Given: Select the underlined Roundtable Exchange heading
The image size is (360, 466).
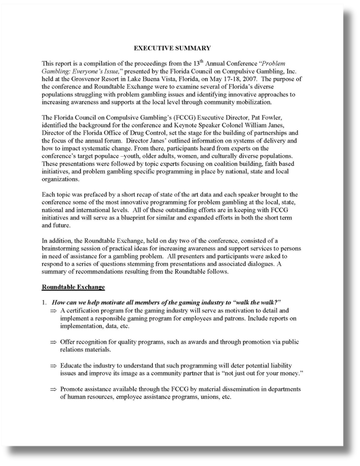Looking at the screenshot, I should pyautogui.click(x=73, y=287).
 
